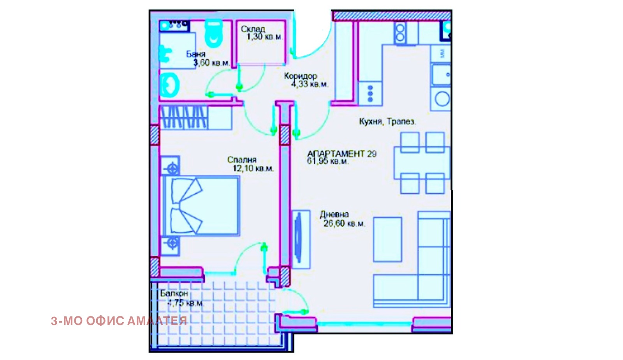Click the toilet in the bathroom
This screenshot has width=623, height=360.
pyautogui.click(x=214, y=33)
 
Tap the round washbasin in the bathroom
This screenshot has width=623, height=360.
pyautogui.click(x=169, y=85)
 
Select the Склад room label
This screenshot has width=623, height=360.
pyautogui.click(x=253, y=29)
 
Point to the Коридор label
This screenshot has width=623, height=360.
pyautogui.click(x=300, y=76)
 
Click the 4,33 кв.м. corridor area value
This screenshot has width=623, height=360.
pyautogui.click(x=310, y=84)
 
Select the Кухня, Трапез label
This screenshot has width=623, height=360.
pyautogui.click(x=387, y=121)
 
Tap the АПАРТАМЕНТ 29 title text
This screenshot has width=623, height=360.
pyautogui.click(x=342, y=153)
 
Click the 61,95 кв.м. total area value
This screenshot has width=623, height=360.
pyautogui.click(x=327, y=161)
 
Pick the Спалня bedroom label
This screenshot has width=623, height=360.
pyautogui.click(x=242, y=160)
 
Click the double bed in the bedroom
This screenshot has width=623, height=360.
pyautogui.click(x=201, y=206)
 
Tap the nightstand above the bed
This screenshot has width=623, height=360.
pyautogui.click(x=170, y=166)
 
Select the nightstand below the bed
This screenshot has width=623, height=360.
pyautogui.click(x=170, y=246)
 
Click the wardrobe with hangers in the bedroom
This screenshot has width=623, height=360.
pyautogui.click(x=196, y=118)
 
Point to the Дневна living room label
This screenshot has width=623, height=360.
pyautogui.click(x=334, y=214)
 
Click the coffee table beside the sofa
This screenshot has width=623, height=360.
pyautogui.click(x=387, y=239)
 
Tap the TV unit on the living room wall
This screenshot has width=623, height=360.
pyautogui.click(x=301, y=239)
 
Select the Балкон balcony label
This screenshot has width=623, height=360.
pyautogui.click(x=174, y=293)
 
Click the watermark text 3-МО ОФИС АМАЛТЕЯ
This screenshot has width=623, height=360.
pyautogui.click(x=119, y=321)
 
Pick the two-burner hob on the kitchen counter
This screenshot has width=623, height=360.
pyautogui.click(x=400, y=33)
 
